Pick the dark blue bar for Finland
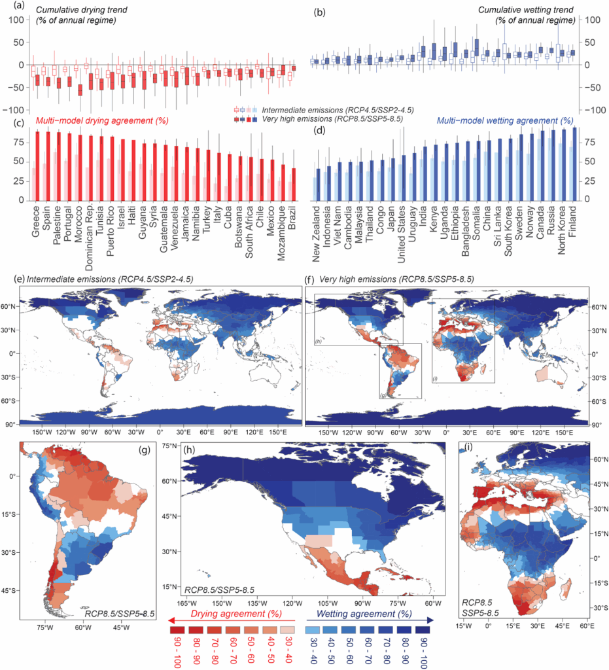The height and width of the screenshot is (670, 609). pos(574,163)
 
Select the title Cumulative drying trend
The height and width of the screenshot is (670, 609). pos(72,10)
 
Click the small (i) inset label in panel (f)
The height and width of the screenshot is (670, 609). pos(434,378)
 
